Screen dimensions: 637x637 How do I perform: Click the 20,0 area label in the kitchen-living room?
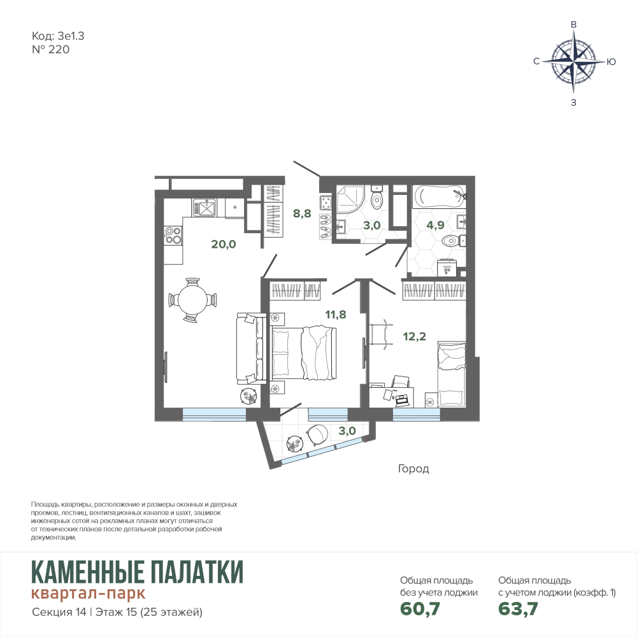point(224,244)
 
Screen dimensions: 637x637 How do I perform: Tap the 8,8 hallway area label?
point(302,213)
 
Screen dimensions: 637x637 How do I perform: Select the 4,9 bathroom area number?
point(435,225)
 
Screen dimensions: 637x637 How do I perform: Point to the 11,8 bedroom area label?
point(336,315)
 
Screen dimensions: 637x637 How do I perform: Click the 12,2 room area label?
point(415,336)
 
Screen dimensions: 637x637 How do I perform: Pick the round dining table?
point(192,300)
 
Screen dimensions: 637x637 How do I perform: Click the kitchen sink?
point(205,208)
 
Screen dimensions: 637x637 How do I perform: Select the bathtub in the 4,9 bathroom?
point(439,197)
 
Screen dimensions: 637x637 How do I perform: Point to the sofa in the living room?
point(251,348)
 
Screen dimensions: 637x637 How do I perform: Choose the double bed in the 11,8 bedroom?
point(303,353)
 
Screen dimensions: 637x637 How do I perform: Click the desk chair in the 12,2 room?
point(401,383)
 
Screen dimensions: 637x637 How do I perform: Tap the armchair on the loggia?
point(317,434)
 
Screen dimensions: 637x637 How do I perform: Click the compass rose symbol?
point(574,62)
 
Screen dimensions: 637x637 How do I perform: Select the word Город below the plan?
point(413,469)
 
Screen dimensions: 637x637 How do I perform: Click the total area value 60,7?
point(420,608)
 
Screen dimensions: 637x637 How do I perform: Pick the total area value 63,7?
point(518,608)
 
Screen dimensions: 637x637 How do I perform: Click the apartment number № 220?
point(50,50)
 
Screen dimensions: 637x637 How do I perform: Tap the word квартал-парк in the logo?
point(88,593)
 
